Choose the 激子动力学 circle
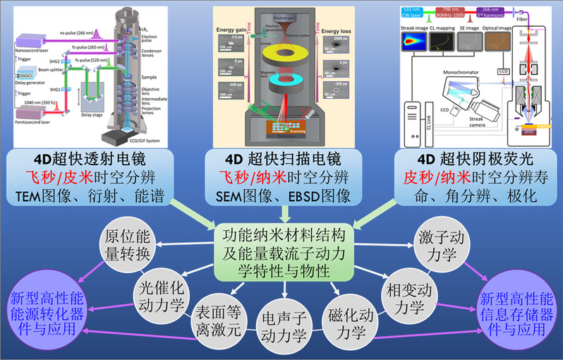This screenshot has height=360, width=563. [x=437, y=246]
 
